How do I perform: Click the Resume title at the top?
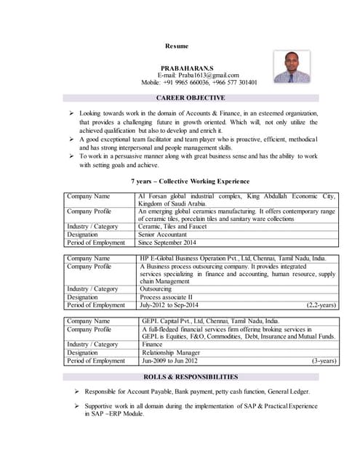tap(177, 46)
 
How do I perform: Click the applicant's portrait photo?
tap(291, 67)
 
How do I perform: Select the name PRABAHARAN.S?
tap(187, 67)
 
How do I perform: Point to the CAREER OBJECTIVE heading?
tap(191, 97)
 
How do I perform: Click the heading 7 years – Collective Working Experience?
tap(190, 181)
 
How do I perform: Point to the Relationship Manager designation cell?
tap(170, 352)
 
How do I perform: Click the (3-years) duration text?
tap(323, 360)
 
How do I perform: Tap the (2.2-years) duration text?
tap(321, 305)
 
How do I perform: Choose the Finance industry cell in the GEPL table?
tap(151, 344)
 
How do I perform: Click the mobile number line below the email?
tap(199, 83)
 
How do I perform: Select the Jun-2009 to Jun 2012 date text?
tap(169, 360)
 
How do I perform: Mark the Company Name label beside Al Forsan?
tap(88, 196)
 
